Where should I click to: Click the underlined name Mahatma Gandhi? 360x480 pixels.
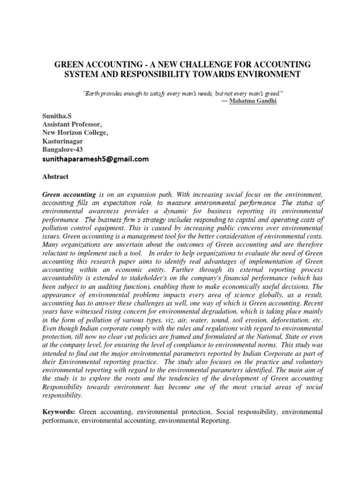point(253,101)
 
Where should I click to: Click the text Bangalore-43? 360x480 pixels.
point(62,150)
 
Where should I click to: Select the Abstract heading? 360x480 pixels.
point(56,177)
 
